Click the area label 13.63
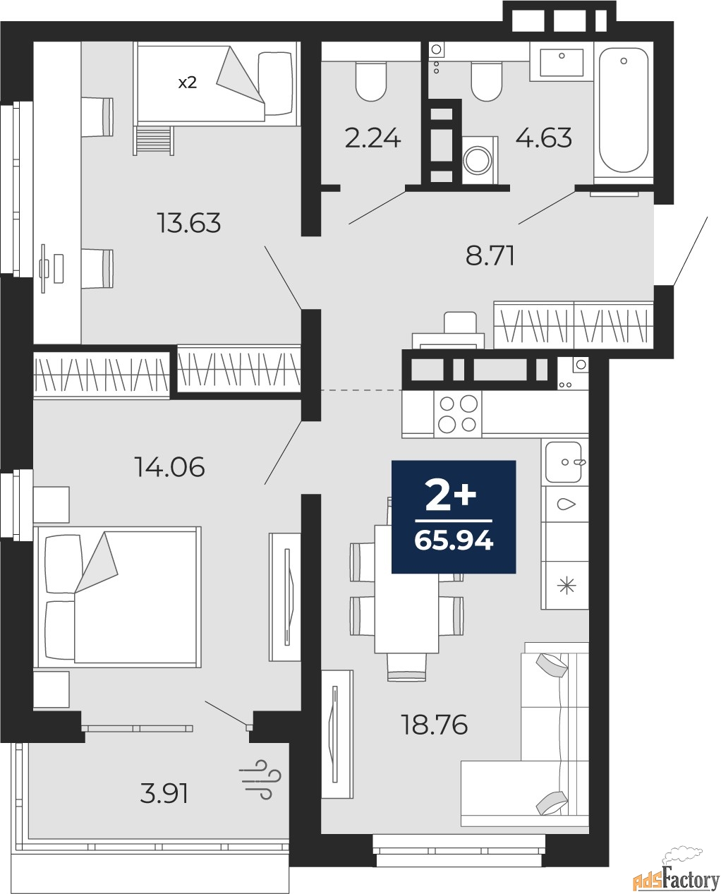[x=189, y=223]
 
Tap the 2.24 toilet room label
[x=372, y=138]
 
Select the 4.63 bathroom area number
[x=543, y=138]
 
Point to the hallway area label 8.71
[x=490, y=255]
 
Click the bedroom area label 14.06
[x=169, y=466]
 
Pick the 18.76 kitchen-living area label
[x=435, y=725]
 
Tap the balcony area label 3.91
[x=164, y=794]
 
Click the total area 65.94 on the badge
[x=454, y=541]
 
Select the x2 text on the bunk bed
[x=186, y=83]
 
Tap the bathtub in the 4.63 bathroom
[x=624, y=109]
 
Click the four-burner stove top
[x=458, y=413]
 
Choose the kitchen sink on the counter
[x=564, y=462]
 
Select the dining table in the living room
[x=406, y=589]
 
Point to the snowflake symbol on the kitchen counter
[x=566, y=586]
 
